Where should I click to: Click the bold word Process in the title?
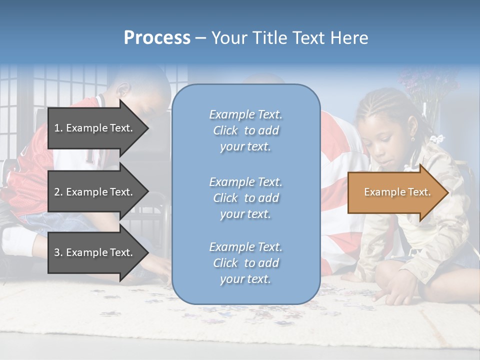click(157, 38)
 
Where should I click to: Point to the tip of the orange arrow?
click(447, 192)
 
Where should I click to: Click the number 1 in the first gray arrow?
click(57, 128)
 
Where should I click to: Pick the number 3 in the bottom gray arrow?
click(57, 252)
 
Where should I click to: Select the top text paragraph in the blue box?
click(245, 130)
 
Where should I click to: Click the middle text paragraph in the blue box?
click(245, 198)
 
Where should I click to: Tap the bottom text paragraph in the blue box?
click(245, 263)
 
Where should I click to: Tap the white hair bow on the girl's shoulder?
click(438, 139)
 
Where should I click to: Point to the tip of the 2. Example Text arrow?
click(148, 192)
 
